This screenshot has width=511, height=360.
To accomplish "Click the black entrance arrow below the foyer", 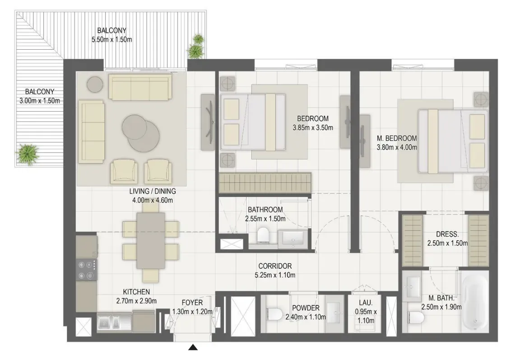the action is [193, 347].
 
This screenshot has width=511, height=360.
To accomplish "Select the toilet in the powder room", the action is [274, 314].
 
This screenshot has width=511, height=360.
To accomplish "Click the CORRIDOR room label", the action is [275, 266].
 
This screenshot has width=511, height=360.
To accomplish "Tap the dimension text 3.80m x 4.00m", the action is [397, 147].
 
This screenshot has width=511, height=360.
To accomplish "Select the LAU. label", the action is [366, 303].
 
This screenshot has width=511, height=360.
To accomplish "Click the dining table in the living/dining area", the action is [151, 240].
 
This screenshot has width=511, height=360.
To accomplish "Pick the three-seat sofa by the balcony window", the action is [140, 87].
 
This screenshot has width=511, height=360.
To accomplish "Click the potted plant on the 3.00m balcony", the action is [28, 154].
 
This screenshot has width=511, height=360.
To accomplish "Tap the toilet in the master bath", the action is [416, 317].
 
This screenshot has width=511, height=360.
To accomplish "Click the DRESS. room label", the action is [447, 234].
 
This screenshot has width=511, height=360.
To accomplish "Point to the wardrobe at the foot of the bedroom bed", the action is [265, 182].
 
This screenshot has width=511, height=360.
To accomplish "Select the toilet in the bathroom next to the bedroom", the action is [263, 235].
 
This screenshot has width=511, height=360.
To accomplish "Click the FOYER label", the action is [192, 303].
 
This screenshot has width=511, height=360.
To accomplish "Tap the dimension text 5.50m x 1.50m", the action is [112, 40].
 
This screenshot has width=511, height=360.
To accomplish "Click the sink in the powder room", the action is [334, 313].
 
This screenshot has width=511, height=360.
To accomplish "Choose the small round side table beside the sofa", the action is [95, 84].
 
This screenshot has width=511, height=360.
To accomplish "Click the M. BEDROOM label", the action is [397, 138].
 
